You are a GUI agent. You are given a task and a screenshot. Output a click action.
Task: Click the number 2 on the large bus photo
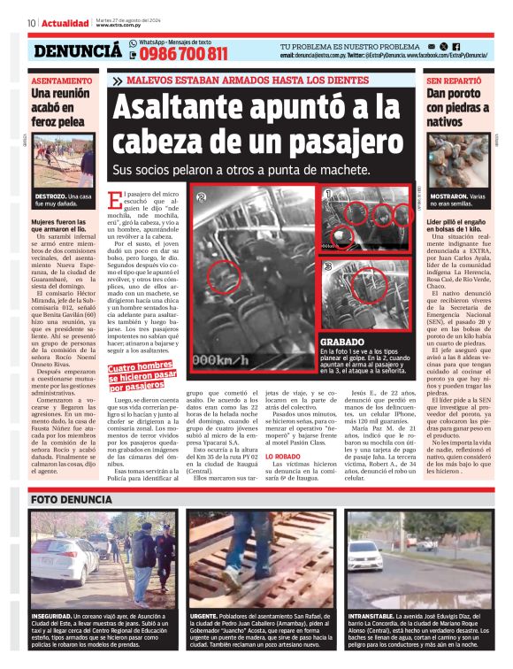[203, 197]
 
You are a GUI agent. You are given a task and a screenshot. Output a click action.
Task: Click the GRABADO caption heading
[338, 342]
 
